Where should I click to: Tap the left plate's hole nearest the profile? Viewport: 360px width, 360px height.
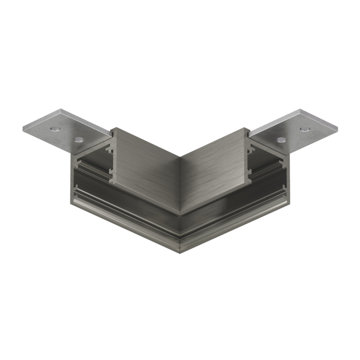pos(78,138)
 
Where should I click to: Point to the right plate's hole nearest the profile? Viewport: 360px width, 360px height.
pos(281,139)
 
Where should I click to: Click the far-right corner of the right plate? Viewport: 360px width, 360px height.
pos(338,127)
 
